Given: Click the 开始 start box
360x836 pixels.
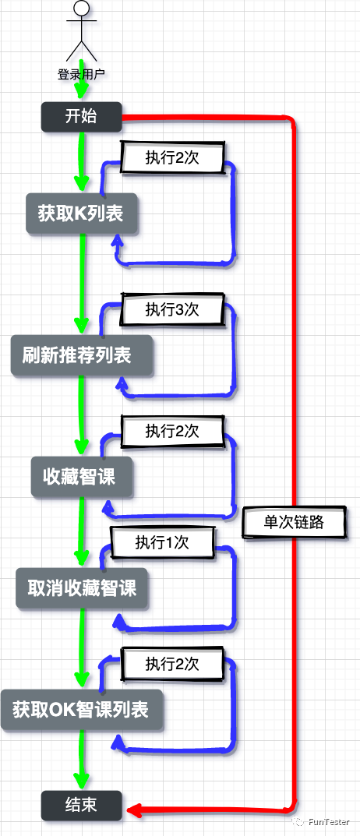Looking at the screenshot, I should point(81,117).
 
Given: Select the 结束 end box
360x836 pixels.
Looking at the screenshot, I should point(81,805).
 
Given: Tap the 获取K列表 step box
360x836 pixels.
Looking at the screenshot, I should point(80,213).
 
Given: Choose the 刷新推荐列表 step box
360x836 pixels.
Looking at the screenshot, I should point(82,355).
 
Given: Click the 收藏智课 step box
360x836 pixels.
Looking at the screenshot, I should point(82,477).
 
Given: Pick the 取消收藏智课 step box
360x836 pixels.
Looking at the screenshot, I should point(82,588).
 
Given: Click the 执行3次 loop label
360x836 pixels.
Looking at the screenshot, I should point(172,309).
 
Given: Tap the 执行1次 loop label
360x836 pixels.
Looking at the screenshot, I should point(162,541).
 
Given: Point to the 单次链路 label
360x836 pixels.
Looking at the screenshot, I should point(294,523).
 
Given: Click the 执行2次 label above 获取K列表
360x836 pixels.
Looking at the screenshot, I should point(172,157).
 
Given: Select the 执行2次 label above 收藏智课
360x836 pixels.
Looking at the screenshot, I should point(172,431).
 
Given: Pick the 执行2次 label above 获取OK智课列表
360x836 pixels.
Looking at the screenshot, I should point(172,664).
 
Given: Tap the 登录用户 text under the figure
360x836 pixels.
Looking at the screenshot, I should point(81,75).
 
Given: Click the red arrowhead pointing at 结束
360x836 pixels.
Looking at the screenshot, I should point(132,811).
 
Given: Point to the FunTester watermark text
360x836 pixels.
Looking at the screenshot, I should point(328,821).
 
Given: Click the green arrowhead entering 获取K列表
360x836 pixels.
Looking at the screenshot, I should point(81,184).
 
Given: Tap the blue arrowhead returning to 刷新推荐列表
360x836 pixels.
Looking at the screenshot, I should point(121,384).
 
